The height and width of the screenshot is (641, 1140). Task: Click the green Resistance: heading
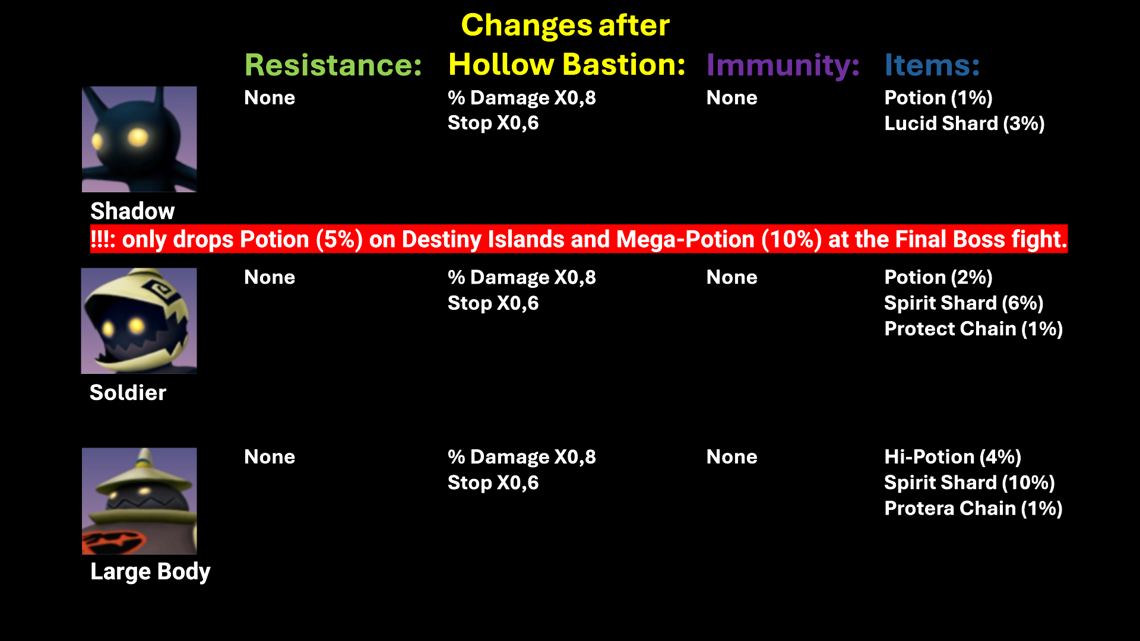point(333,65)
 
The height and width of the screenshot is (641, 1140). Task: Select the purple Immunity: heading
point(783,65)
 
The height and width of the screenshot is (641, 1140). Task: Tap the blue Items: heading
point(932,65)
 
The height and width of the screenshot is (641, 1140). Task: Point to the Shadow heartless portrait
point(140,139)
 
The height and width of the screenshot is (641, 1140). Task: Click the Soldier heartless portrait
point(139,320)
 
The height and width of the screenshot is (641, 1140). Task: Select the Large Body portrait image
point(140,501)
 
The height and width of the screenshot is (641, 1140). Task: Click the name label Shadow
point(132,211)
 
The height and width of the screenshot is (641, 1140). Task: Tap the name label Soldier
point(128,393)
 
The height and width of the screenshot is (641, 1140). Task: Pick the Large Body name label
point(150,572)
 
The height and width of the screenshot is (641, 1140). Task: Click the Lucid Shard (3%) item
point(964,123)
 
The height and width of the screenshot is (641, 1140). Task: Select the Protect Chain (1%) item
point(973,329)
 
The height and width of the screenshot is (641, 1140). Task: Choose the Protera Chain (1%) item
point(973,509)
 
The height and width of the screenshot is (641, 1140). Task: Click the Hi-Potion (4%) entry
point(952,457)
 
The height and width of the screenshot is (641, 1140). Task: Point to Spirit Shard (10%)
point(969,483)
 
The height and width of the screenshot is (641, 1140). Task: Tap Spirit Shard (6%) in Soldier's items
point(964,303)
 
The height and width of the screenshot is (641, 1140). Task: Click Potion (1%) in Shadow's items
point(938,98)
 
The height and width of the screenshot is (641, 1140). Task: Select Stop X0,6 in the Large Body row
point(493,483)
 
